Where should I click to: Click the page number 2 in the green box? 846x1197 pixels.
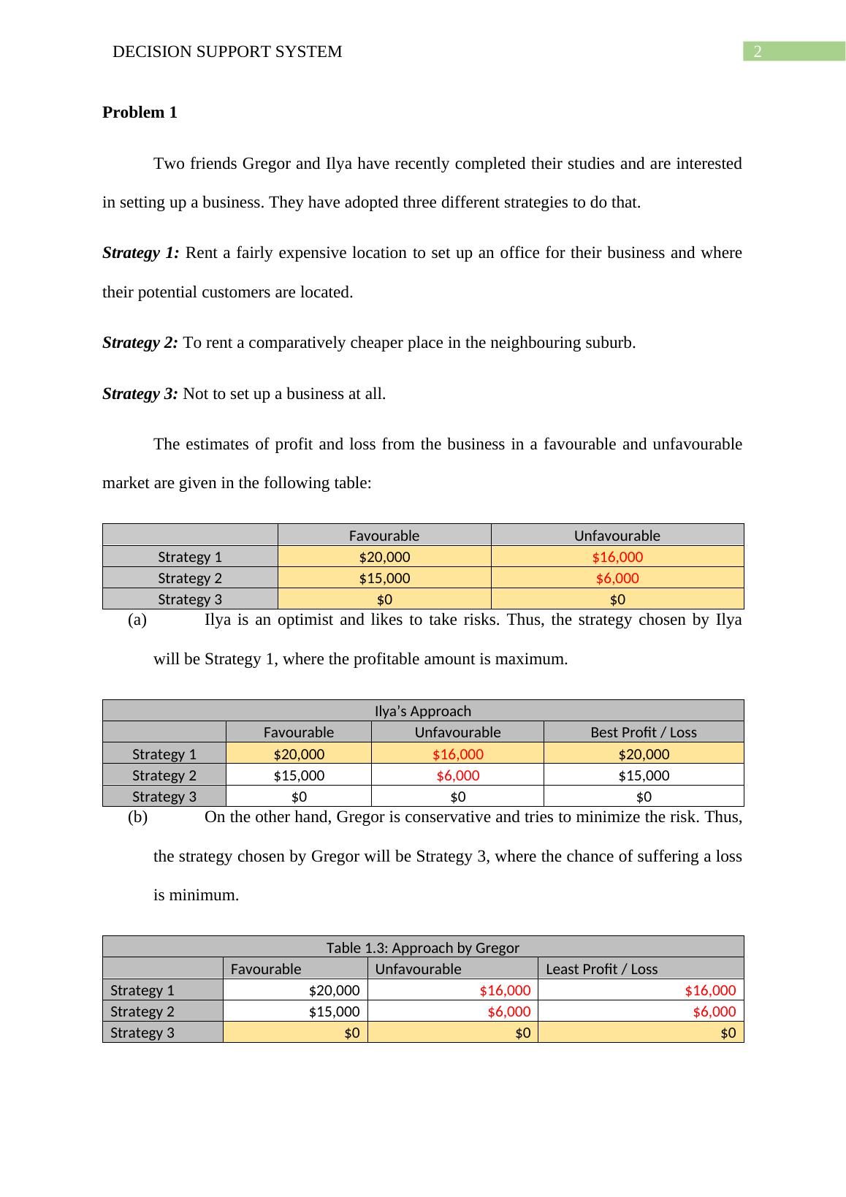[x=758, y=52]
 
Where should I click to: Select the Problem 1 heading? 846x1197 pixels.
[x=140, y=113]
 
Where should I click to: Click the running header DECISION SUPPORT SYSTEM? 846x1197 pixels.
[x=227, y=52]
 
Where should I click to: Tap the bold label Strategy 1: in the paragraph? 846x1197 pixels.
[x=141, y=253]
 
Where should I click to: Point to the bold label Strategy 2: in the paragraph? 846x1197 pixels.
[x=140, y=343]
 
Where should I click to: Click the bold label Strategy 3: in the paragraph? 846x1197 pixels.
[x=140, y=394]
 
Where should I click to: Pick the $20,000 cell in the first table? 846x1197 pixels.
[x=384, y=557]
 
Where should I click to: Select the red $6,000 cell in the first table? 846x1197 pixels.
[x=617, y=578]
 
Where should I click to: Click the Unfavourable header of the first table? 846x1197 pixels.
[x=617, y=536]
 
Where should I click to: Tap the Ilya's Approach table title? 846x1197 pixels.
[x=423, y=711]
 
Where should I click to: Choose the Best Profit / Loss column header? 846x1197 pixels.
[x=644, y=732]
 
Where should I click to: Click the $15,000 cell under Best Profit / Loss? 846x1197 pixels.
[x=644, y=775]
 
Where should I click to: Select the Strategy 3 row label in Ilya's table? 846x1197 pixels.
[x=164, y=797]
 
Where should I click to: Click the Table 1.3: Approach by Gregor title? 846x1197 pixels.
[x=423, y=948]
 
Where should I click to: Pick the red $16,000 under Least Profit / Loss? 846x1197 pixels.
[x=710, y=990]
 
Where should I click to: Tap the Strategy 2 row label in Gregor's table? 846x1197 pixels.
[x=142, y=1011]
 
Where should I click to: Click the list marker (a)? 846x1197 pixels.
[x=137, y=620]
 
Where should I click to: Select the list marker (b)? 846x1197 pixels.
[x=137, y=817]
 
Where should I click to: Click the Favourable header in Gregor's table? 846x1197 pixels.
[x=266, y=969]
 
